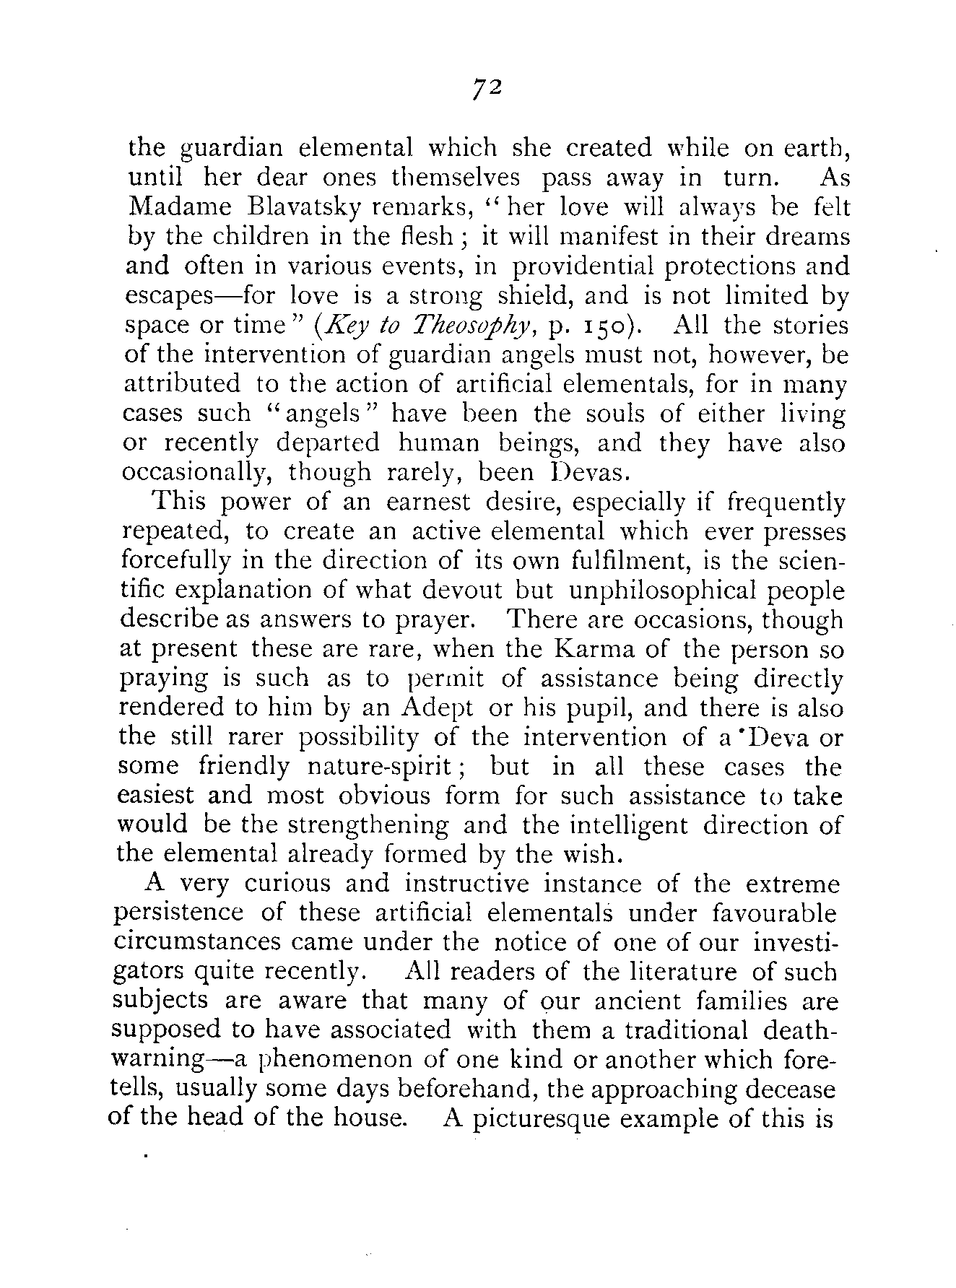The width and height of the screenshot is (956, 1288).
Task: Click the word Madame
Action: (179, 207)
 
